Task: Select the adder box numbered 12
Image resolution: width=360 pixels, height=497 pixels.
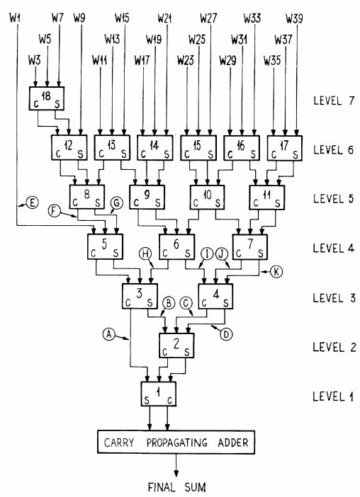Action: point(67,148)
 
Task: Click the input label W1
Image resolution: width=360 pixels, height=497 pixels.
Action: point(15,16)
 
